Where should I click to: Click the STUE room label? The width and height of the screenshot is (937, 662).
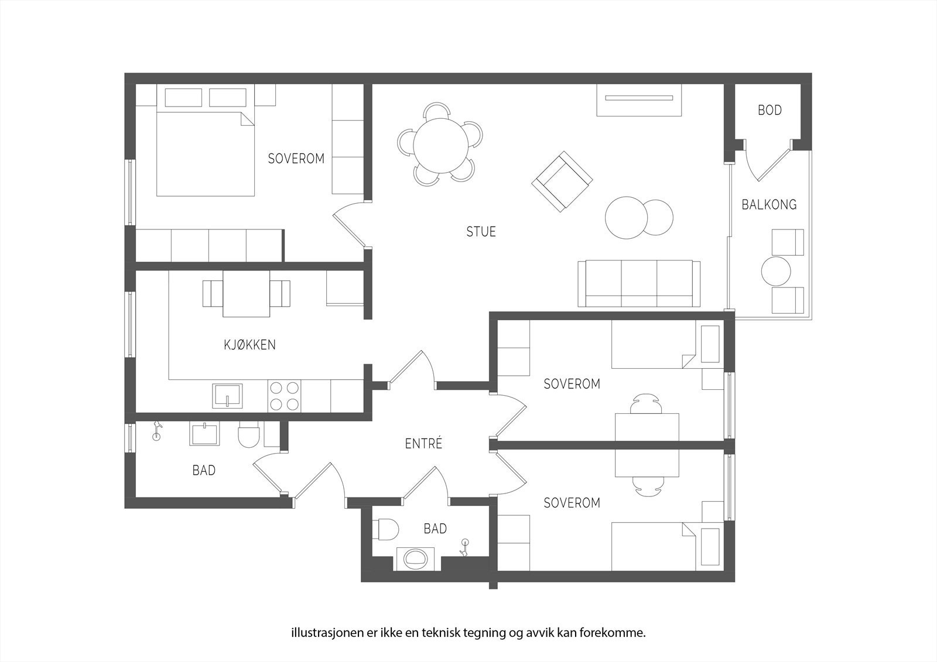[481, 231]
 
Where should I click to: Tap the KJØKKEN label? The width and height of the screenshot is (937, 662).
[249, 345]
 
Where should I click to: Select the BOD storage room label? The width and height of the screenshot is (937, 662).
[770, 110]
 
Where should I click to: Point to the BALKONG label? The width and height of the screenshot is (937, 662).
[769, 204]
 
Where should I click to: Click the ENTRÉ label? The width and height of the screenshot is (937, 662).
[423, 443]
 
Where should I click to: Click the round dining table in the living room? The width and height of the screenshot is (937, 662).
[440, 146]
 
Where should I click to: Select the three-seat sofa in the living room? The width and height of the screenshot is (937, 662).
[639, 283]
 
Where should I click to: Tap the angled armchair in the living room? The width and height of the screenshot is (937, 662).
[562, 181]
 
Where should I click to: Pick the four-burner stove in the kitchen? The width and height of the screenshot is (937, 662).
[285, 396]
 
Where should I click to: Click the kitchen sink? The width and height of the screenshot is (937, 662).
[227, 396]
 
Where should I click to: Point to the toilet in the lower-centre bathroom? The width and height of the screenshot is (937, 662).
[385, 530]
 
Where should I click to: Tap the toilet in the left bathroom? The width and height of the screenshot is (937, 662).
[248, 434]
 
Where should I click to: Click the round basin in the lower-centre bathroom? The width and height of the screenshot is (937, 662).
[416, 559]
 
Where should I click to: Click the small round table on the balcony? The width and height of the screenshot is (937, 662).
[776, 271]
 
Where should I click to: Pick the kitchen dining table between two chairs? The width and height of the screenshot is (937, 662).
[247, 294]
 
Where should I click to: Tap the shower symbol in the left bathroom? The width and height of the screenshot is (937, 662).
[156, 431]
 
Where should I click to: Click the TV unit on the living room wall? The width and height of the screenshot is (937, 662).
[639, 100]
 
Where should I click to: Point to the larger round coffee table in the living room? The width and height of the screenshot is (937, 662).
[626, 218]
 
